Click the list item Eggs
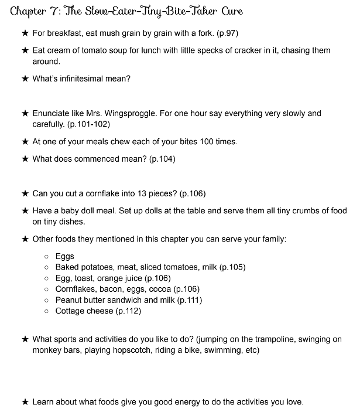tap(65, 256)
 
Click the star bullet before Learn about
tap(25, 402)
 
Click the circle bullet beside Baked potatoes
tap(46, 267)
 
